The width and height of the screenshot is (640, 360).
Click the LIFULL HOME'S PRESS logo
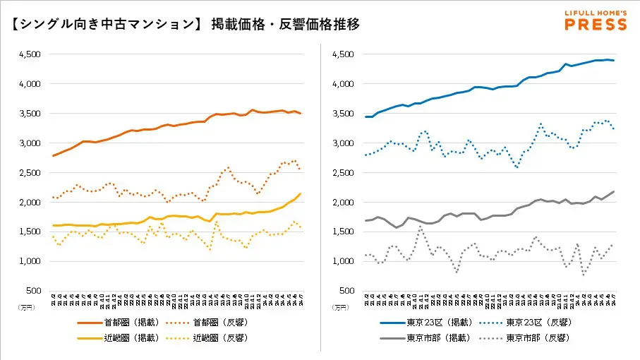[x=595, y=20]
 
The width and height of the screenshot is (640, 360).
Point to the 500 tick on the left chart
[x=33, y=291]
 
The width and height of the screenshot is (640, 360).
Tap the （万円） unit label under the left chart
[x=26, y=307]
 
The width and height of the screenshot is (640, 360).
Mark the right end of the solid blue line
[x=614, y=61]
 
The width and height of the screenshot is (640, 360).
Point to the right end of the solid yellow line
[x=301, y=193]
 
